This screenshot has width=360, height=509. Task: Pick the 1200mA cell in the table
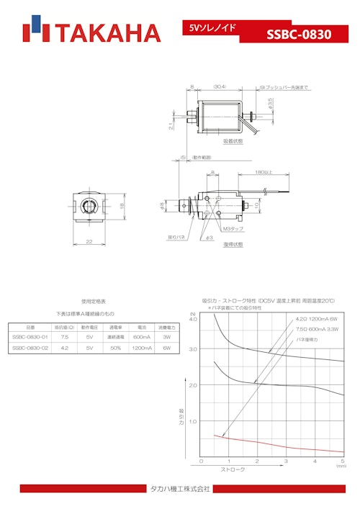(x=142, y=348)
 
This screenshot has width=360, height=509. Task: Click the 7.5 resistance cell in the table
(x=65, y=337)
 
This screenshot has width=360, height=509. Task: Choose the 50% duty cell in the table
(x=116, y=348)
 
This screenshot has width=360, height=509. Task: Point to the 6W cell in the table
(x=166, y=348)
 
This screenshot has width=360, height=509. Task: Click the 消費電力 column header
(x=166, y=327)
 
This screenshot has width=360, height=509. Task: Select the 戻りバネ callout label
(x=176, y=235)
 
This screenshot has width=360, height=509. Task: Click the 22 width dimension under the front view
(x=89, y=242)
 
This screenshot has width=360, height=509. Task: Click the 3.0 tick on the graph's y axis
(x=192, y=349)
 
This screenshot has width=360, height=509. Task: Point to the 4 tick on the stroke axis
(x=315, y=461)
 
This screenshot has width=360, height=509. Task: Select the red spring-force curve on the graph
(x=274, y=443)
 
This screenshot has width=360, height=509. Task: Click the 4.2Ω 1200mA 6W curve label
(x=316, y=319)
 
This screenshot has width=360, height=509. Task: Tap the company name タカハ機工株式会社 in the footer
(x=180, y=489)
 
